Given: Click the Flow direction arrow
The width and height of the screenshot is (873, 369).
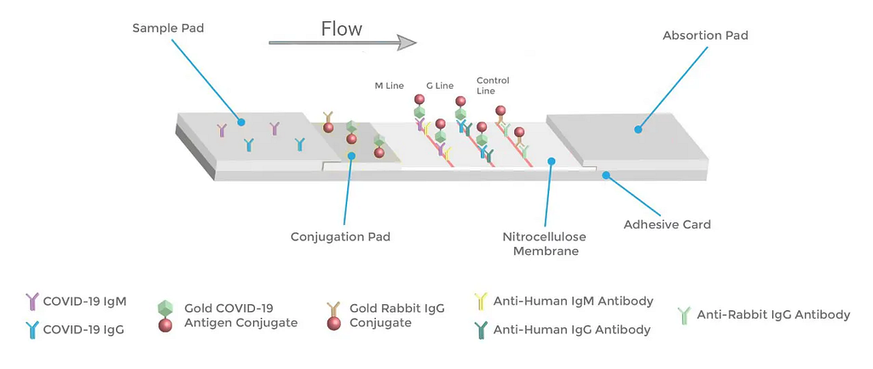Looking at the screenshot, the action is click(343, 43).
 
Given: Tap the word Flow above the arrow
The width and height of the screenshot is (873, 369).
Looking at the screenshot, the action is click(342, 28).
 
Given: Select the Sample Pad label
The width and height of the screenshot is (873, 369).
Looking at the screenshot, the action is click(168, 27).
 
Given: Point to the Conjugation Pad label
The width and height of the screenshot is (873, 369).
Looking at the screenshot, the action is click(340, 237).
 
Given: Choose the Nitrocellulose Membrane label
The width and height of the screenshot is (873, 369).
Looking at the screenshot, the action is click(545, 244).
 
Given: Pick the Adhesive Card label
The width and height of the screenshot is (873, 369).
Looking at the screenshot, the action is click(667, 225).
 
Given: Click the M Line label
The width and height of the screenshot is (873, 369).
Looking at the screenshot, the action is click(389, 86).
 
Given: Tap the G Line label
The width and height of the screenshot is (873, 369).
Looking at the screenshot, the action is click(440, 86).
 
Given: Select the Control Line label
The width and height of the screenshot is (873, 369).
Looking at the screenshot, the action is click(493, 86).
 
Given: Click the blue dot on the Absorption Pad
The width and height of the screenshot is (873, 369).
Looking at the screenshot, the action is click(638, 130).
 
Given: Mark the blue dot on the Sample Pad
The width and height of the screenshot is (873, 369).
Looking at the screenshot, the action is click(241, 122).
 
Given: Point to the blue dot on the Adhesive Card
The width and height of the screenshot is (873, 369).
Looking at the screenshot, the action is click(607, 175).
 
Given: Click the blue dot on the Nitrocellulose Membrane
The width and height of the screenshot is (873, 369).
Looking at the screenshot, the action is click(552, 161).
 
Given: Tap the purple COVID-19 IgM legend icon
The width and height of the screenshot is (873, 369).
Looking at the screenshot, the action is click(33, 303).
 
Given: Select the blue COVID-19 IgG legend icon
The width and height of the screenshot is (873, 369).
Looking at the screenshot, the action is click(33, 330).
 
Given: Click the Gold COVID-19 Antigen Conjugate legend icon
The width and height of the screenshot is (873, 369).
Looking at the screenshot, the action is click(165, 316).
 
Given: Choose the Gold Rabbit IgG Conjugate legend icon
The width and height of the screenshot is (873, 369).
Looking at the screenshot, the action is click(333, 316).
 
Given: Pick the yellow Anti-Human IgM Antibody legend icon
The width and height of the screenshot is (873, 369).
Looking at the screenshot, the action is click(480, 303).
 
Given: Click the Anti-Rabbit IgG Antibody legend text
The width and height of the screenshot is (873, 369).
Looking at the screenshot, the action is click(774, 315).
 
